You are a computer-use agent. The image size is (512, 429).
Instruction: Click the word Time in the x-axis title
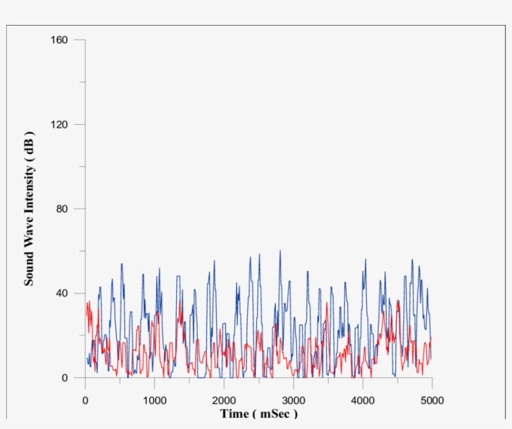[x=234, y=414]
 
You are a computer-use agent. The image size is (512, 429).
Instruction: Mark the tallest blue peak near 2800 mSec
[x=280, y=251]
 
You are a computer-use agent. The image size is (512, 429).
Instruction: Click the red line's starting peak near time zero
[x=89, y=302]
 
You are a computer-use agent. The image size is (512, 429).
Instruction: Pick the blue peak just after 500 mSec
[x=122, y=264]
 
